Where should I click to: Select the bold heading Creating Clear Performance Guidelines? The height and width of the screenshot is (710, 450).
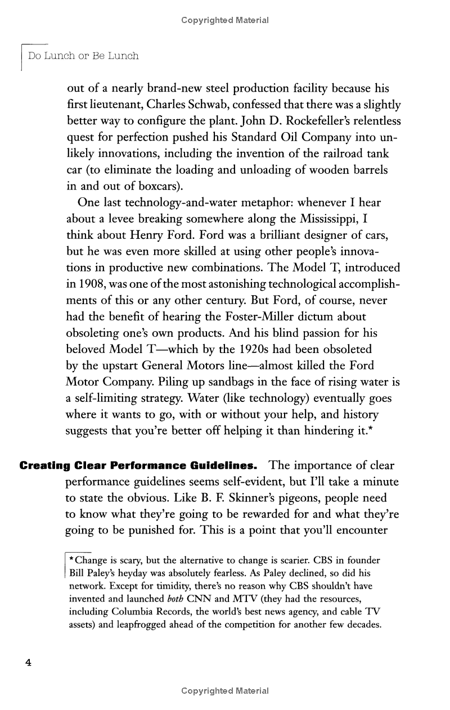[x=138, y=466]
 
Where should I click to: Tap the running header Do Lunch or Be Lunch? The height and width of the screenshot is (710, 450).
[x=83, y=56]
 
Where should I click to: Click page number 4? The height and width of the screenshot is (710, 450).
[x=28, y=663]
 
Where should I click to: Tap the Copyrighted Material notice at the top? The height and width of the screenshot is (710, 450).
[x=225, y=20]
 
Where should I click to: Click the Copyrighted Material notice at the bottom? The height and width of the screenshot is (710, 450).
[x=225, y=691]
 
